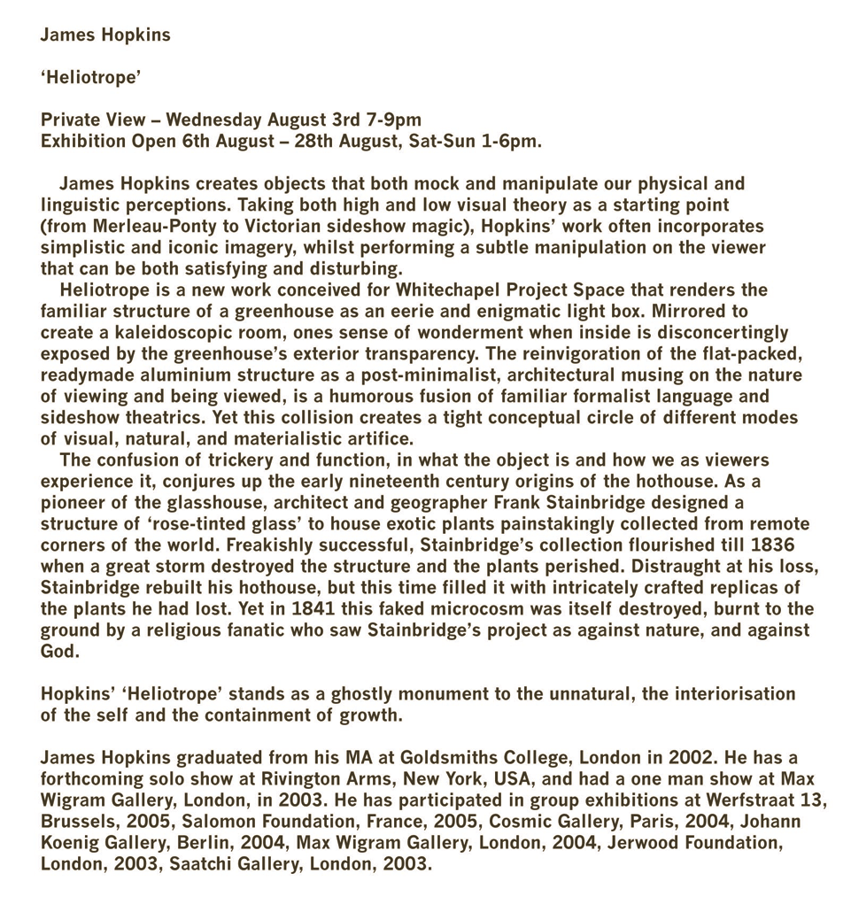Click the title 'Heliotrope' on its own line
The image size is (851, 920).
click(91, 77)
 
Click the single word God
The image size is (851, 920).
click(58, 651)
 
